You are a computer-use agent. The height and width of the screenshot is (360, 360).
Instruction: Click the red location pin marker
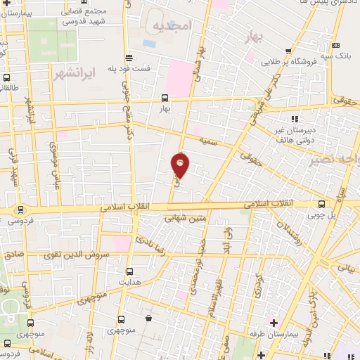click(x=181, y=166)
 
